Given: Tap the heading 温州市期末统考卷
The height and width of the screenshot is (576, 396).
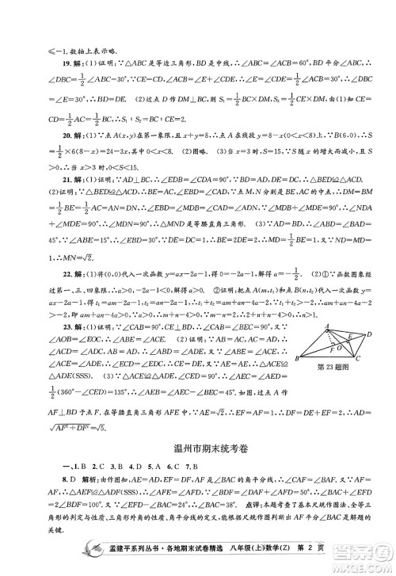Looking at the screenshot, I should pyautogui.click(x=198, y=449).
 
